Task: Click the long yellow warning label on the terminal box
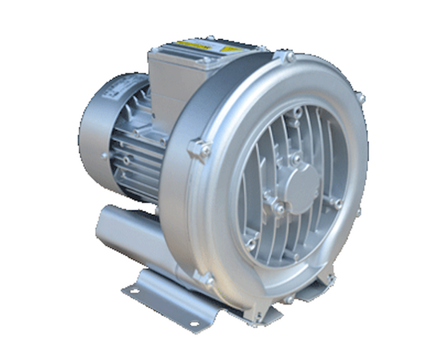point(195,44)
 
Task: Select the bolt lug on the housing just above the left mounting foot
point(207,281)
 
